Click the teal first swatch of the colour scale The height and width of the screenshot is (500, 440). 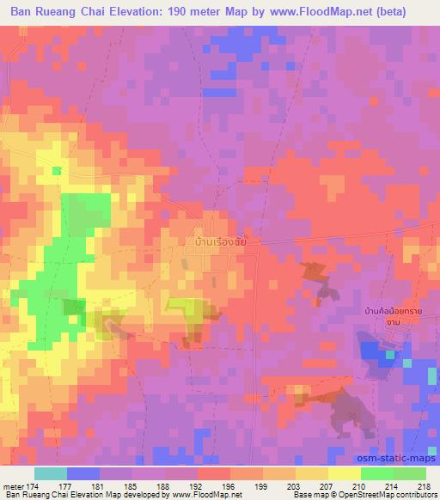click(x=51, y=473)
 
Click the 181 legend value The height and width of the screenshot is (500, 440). click(x=101, y=486)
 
